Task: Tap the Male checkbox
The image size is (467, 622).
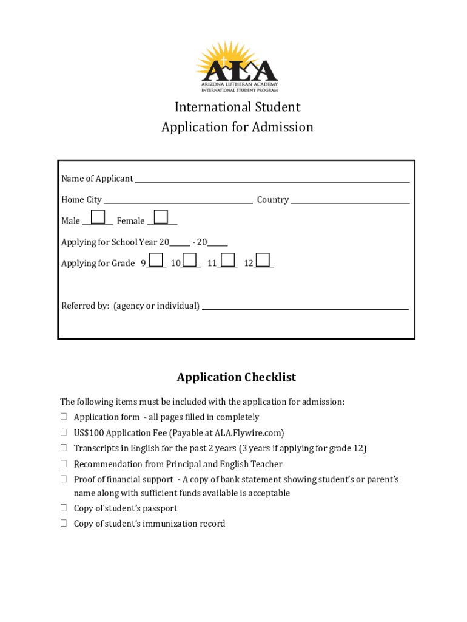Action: (x=97, y=217)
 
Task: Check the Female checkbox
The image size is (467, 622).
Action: (x=161, y=217)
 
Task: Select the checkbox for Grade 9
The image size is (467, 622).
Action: (x=156, y=260)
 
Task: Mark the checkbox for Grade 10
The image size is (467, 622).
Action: (x=190, y=260)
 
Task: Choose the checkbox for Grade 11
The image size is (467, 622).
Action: (x=227, y=260)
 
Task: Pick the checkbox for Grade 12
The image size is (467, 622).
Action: (x=263, y=260)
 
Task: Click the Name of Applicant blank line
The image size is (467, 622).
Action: (x=272, y=180)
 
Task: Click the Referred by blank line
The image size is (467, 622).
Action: (x=305, y=308)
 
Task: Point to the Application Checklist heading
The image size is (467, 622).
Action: (x=237, y=377)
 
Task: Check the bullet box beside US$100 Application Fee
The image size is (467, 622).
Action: (x=63, y=433)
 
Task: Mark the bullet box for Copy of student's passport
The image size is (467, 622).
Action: (x=63, y=508)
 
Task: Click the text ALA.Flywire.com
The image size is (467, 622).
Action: (x=248, y=433)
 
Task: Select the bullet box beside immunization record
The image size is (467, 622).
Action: (x=63, y=524)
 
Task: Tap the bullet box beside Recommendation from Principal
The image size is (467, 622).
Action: (x=63, y=464)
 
